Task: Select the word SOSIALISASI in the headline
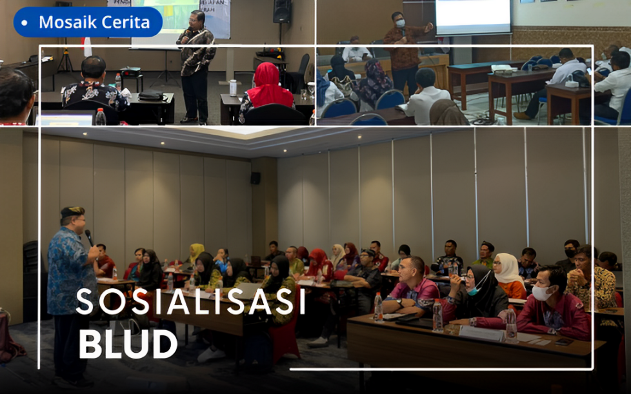pos(190,302)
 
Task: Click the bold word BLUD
pos(128,344)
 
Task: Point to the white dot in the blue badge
pos(24,23)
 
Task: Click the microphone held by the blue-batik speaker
pos(89,237)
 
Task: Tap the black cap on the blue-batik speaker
pos(72,212)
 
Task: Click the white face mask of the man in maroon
pos(541,293)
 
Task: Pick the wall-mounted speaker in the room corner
pos(255,178)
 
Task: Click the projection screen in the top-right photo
pos(474,17)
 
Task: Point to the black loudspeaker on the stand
pos(282,11)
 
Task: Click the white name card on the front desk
pos(481,333)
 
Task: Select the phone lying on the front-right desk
pos(564,342)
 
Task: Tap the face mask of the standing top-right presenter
pos(400,23)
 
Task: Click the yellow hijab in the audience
pos(196,251)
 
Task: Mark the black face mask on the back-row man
pos(570,253)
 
